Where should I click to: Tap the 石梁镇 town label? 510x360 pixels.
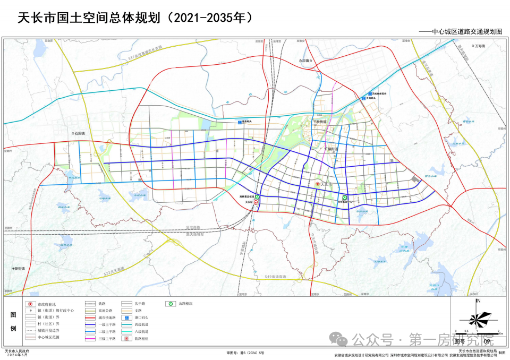pos(80,133)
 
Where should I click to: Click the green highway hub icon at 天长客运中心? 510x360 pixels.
pos(345,198)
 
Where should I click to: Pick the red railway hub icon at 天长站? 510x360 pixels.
pos(256,202)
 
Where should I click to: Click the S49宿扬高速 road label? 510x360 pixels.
pos(275,277)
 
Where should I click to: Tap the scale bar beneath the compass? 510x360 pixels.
pos(478,333)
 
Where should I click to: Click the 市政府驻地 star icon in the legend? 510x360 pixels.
pos(30,304)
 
